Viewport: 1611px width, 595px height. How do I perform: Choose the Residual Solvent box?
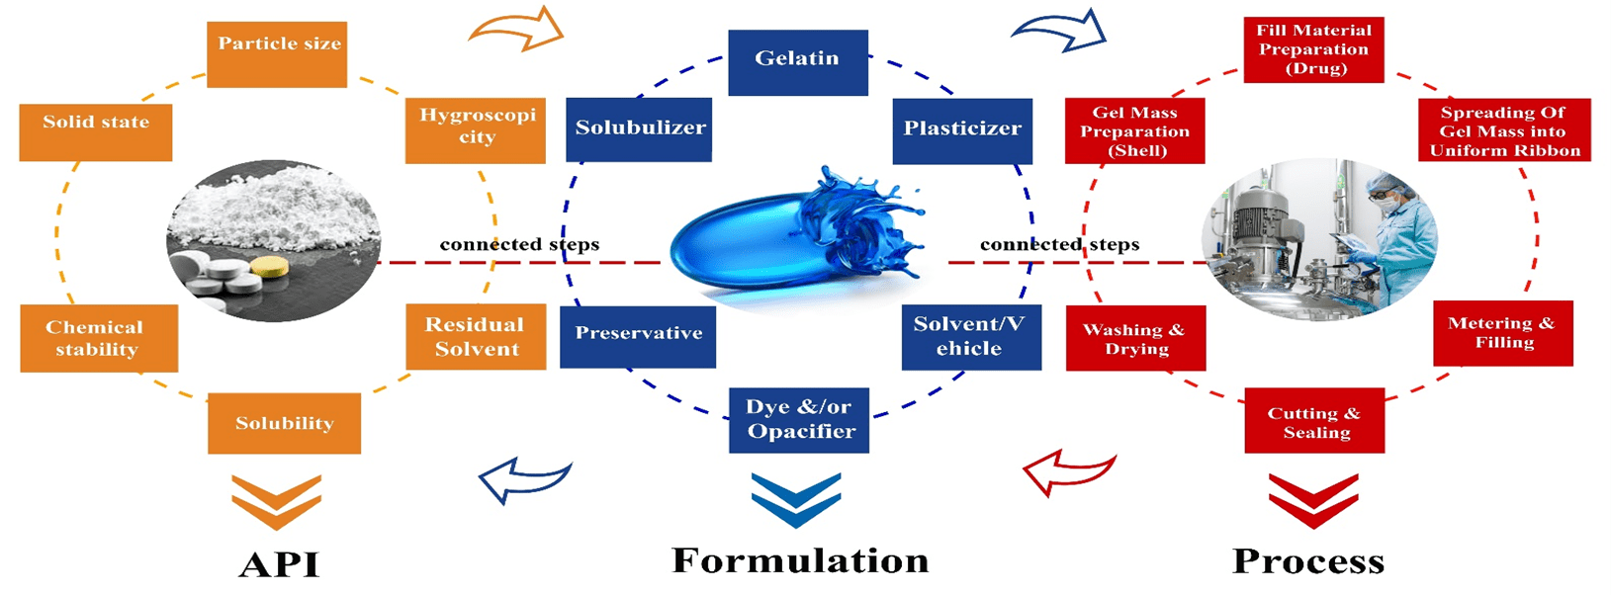(x=476, y=337)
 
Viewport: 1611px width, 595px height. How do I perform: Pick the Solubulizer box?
(x=639, y=129)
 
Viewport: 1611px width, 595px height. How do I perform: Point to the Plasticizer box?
(x=961, y=130)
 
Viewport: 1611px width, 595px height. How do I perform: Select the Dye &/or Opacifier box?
(x=799, y=420)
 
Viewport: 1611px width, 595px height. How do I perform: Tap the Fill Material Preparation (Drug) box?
(x=1313, y=49)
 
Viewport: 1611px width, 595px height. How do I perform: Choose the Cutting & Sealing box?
(x=1314, y=423)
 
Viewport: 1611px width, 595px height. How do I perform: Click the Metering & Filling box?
(x=1502, y=334)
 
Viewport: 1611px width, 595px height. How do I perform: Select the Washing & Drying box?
(x=1135, y=339)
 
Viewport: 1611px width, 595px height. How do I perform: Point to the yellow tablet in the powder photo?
(x=269, y=267)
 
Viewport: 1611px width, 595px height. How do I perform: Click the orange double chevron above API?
(x=276, y=501)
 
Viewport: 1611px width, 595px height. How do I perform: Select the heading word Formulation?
(x=800, y=560)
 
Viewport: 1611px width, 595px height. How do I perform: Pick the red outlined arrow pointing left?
(x=1067, y=473)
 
